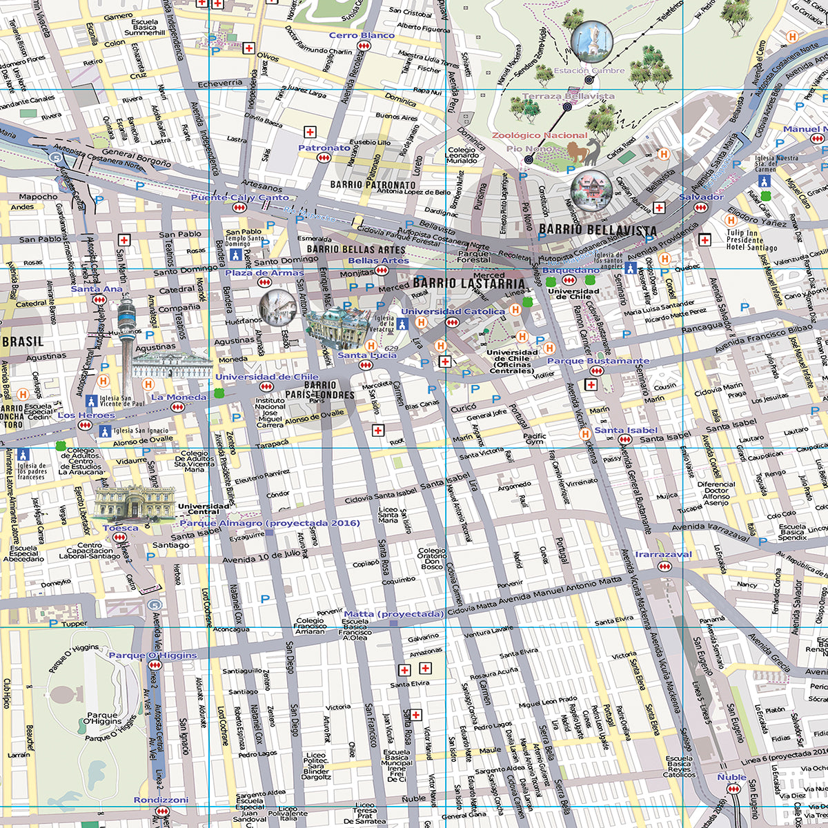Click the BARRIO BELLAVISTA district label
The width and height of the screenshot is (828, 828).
[x=598, y=229]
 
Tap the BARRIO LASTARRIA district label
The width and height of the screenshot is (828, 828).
[x=469, y=283]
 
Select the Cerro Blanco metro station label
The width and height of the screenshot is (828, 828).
[x=362, y=35]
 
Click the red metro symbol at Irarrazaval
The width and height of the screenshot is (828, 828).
[x=664, y=566]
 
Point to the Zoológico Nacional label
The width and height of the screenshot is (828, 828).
[x=540, y=135]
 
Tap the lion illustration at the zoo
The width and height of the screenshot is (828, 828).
[x=583, y=151]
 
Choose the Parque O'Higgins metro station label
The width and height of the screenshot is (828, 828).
[x=152, y=655]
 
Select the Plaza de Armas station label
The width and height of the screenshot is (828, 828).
[x=264, y=273]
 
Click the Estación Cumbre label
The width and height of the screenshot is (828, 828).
[x=589, y=70]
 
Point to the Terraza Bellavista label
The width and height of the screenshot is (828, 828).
[x=568, y=97]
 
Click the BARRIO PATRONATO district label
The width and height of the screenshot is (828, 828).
[x=373, y=185]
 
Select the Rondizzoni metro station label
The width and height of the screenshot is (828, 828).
[x=161, y=800]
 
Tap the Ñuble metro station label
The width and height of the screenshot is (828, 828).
[x=731, y=777]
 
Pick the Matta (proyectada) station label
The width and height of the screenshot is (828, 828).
[x=393, y=613]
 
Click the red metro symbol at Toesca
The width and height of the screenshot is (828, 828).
[x=120, y=537]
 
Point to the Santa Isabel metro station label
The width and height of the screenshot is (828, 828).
[x=626, y=430]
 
